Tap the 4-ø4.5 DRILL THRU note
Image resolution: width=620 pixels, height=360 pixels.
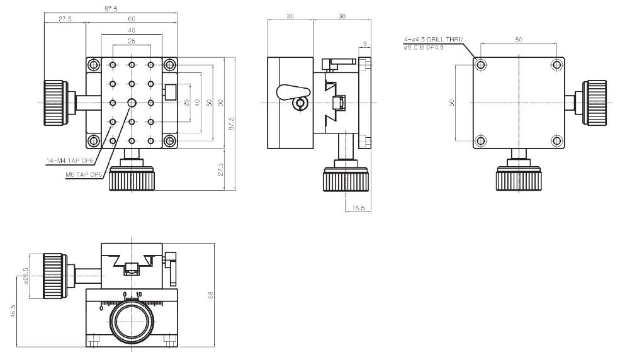(433, 40)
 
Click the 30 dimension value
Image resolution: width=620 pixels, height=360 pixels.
(290, 17)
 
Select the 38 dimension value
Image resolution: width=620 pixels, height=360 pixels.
(341, 17)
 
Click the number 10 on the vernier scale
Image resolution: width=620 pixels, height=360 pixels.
(138, 294)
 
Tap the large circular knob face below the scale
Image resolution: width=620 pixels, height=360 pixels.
(132, 322)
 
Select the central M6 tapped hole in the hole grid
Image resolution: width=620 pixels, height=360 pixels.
(132, 102)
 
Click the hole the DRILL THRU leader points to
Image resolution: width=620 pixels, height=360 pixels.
(481, 64)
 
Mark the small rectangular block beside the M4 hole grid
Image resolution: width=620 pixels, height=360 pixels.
(169, 92)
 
